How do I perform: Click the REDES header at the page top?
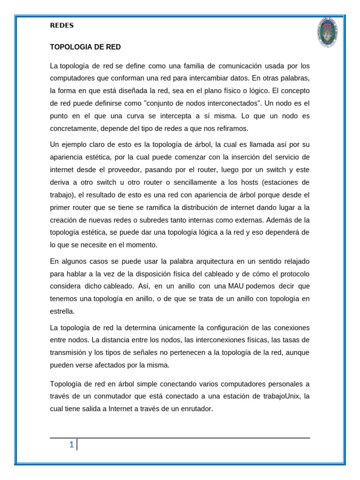click(x=62, y=26)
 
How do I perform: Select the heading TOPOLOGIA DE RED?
click(x=85, y=47)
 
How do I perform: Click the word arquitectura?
click(x=202, y=261)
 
